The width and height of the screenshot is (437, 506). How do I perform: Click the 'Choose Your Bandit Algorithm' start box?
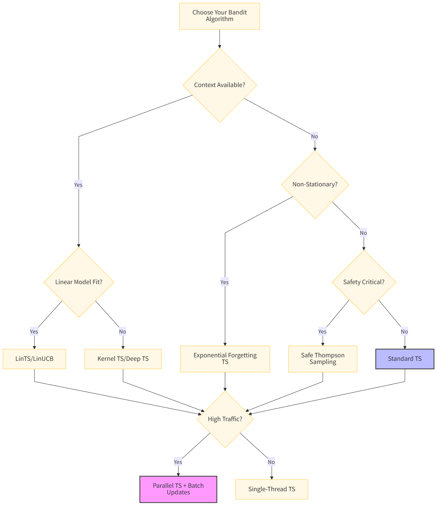pos(219,16)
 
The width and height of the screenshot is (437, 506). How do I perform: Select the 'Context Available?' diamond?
pos(219,85)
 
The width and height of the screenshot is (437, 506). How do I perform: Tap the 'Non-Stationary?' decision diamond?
pos(315,184)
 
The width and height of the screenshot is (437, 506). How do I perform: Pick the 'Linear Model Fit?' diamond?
pos(79,282)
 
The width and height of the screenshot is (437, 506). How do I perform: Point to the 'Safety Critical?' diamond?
pos(364,282)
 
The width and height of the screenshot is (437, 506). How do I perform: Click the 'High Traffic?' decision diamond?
pos(225,419)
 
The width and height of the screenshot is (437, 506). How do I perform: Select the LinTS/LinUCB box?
pos(34,359)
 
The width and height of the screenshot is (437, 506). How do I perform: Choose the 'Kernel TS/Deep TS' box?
pos(123,359)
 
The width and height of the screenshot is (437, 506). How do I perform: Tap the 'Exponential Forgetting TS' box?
pos(225,359)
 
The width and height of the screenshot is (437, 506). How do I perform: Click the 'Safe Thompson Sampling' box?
pos(323,359)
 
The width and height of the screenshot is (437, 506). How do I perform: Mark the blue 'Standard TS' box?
pos(405,359)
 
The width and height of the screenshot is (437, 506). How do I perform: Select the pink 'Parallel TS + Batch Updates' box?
pos(178,489)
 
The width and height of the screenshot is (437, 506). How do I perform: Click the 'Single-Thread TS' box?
pos(272,489)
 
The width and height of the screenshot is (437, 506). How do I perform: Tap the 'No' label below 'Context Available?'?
pos(315,136)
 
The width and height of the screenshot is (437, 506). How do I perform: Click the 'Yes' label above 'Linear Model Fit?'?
pos(78,184)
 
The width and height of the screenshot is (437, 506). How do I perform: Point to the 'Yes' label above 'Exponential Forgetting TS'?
pos(224,282)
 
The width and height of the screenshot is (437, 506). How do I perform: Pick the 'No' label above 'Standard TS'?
pos(404,332)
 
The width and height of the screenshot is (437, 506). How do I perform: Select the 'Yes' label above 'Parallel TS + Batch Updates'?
pos(178,462)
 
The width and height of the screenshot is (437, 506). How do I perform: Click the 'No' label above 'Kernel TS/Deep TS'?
pos(122,332)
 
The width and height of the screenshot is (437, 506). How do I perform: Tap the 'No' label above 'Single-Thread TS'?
pos(271,462)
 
